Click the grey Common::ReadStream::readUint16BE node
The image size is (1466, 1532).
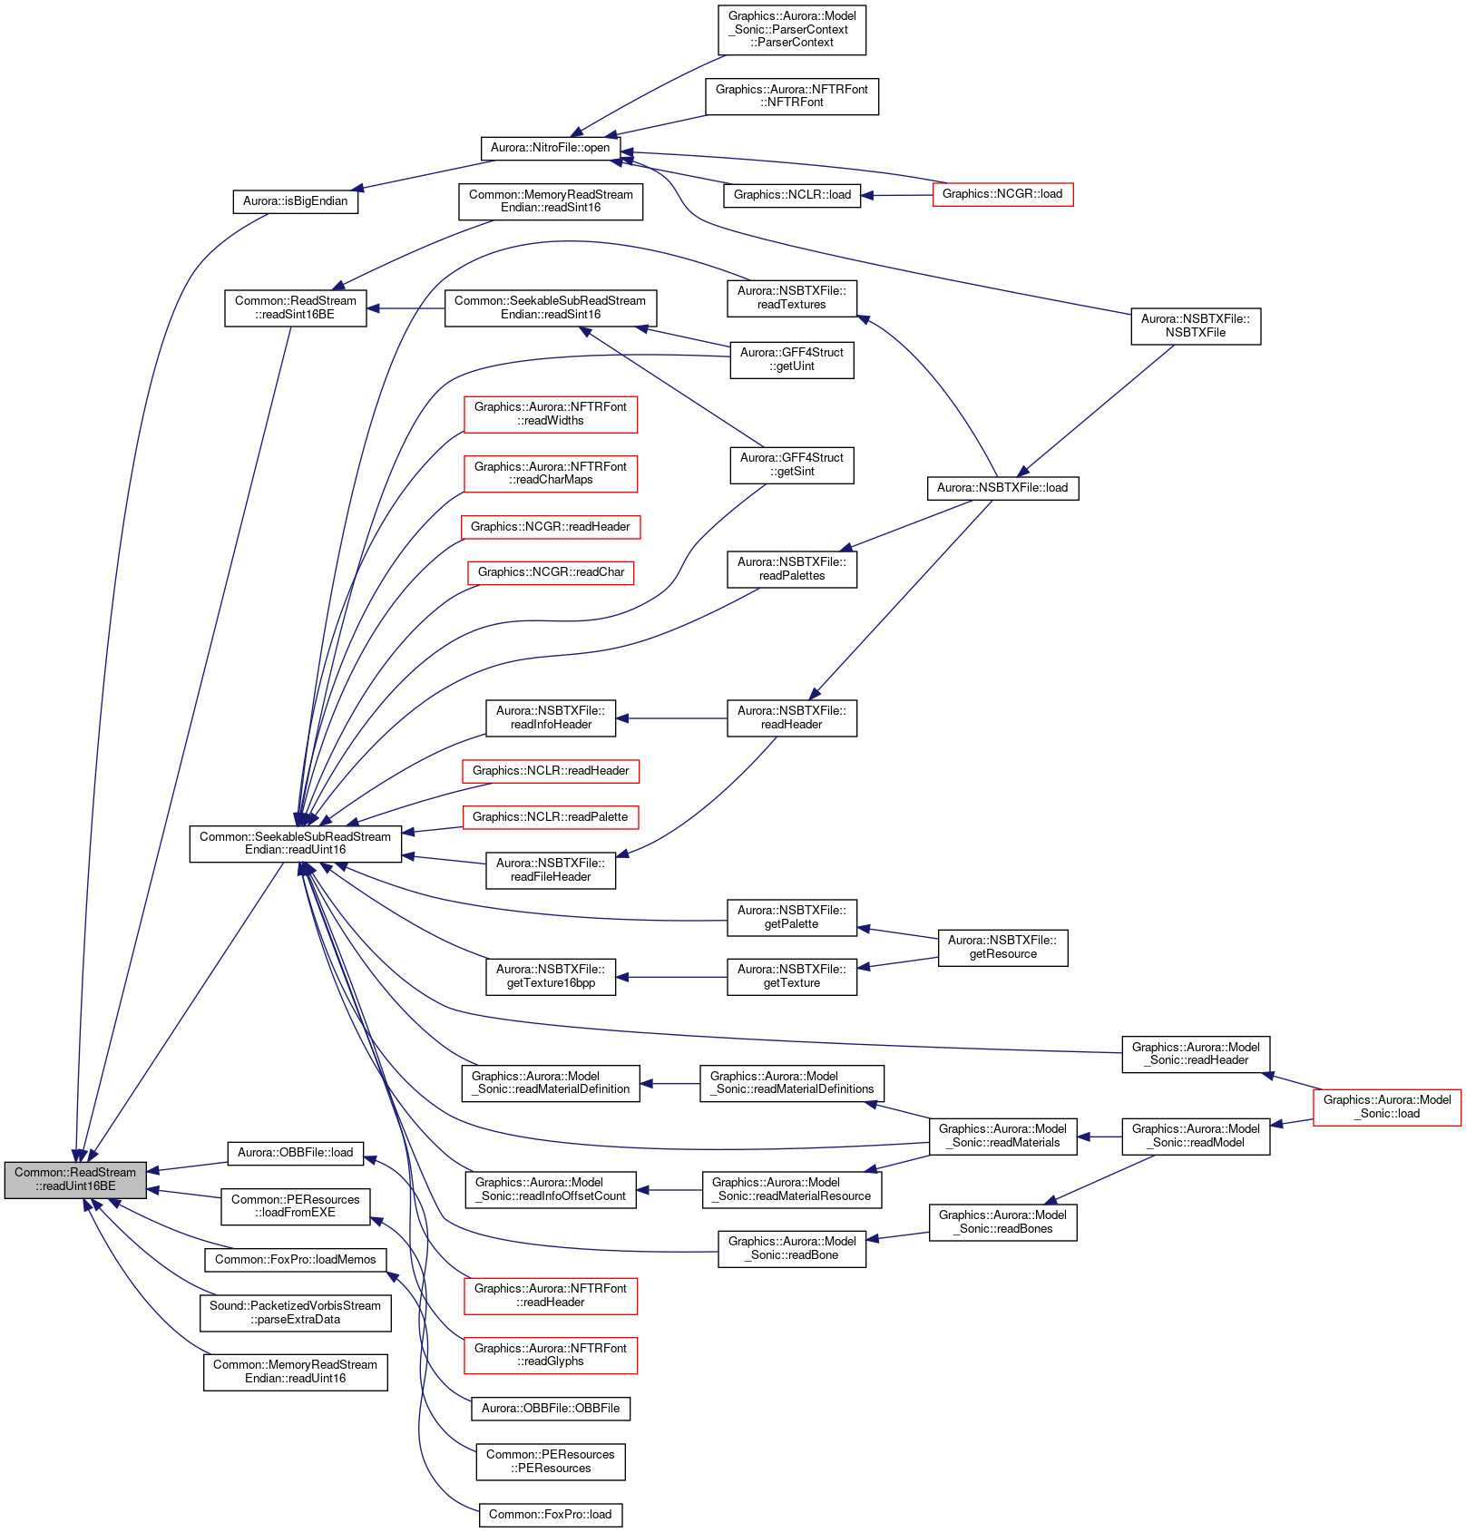[74, 1179]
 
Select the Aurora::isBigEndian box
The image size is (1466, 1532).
[295, 201]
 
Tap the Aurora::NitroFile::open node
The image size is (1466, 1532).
[550, 148]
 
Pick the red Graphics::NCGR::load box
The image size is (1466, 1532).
[1002, 194]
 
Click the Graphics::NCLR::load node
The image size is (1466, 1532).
[792, 195]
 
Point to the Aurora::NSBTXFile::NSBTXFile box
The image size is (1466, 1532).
[1196, 326]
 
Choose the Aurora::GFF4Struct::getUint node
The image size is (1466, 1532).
[792, 359]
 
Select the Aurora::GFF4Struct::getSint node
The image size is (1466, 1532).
[792, 464]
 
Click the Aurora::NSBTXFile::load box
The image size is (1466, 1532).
[1002, 488]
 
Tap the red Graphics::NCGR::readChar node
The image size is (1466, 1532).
[551, 572]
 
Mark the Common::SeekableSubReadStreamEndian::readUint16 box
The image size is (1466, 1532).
[295, 844]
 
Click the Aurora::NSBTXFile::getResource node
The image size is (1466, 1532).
[1002, 947]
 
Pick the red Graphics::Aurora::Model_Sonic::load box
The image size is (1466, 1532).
[1387, 1107]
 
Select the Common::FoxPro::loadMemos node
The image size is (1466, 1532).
[295, 1260]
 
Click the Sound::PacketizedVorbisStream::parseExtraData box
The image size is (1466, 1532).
[295, 1312]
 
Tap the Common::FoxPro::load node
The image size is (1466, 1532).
[551, 1515]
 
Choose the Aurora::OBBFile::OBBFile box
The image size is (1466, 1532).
[551, 1409]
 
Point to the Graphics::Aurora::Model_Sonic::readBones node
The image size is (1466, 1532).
[1002, 1222]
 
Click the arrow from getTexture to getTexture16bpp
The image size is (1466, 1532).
[671, 977]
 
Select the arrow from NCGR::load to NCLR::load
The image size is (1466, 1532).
[897, 195]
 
